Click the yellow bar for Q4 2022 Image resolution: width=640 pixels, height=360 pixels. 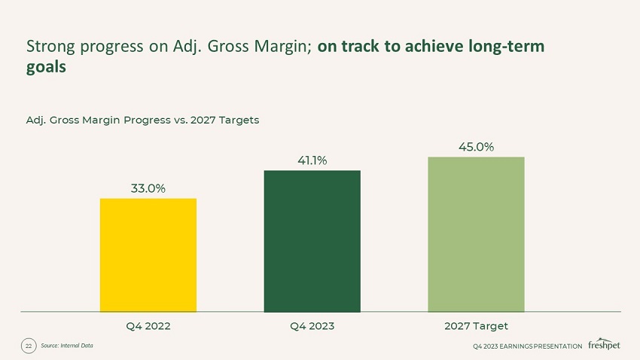tap(148, 255)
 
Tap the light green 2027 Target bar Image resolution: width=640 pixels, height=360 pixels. tap(476, 233)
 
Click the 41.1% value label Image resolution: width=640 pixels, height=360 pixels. tap(312, 160)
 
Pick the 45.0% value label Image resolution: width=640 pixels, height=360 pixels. tap(476, 146)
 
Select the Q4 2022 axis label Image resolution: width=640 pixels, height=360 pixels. tap(148, 326)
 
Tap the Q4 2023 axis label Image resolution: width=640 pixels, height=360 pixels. tap(312, 326)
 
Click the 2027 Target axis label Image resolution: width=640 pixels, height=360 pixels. tap(476, 326)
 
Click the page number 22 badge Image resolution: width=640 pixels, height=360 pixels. tap(29, 346)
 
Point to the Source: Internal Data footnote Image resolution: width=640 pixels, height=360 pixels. tap(67, 346)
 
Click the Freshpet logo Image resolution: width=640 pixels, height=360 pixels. tap(604, 344)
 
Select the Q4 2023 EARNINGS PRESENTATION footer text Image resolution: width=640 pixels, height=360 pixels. tap(527, 346)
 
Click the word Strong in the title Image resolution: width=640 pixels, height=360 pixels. tap(48, 47)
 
